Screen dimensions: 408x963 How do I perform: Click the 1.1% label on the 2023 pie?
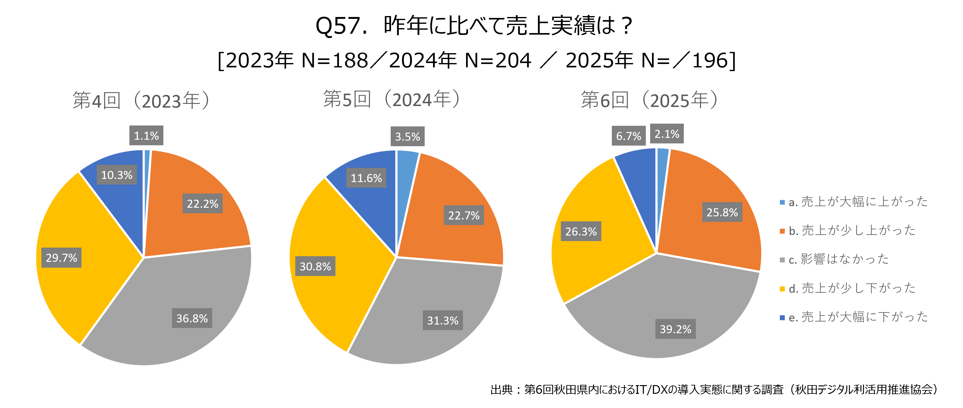point(146,135)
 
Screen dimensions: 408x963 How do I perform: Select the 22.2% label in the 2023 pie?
point(202,203)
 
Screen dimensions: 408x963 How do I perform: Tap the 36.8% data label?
point(192,318)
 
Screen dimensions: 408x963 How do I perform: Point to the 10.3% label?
point(117,175)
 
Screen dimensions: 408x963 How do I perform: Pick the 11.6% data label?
point(366,178)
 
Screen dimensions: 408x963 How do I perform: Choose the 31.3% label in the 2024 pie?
point(443,320)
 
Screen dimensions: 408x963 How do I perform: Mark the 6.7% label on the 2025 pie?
point(629,136)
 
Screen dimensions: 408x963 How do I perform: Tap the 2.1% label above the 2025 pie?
point(667,134)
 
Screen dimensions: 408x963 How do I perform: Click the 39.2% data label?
point(675,329)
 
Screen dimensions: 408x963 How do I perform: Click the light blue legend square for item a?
point(782,202)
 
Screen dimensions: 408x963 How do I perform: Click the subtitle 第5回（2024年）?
point(392,100)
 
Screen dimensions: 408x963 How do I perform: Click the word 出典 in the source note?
point(501,389)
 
